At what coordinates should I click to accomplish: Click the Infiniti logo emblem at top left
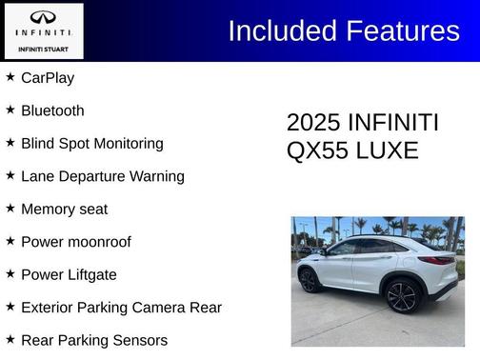[43, 17]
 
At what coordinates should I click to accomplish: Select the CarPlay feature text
[48, 78]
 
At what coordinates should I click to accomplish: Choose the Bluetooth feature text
[52, 110]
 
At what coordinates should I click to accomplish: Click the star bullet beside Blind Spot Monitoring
[10, 143]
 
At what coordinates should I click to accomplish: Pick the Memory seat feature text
[64, 209]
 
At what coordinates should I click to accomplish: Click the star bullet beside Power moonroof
[10, 242]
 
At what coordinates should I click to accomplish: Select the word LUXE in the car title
[390, 150]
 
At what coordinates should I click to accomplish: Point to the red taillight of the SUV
[437, 260]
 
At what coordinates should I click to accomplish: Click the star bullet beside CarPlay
[10, 77]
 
